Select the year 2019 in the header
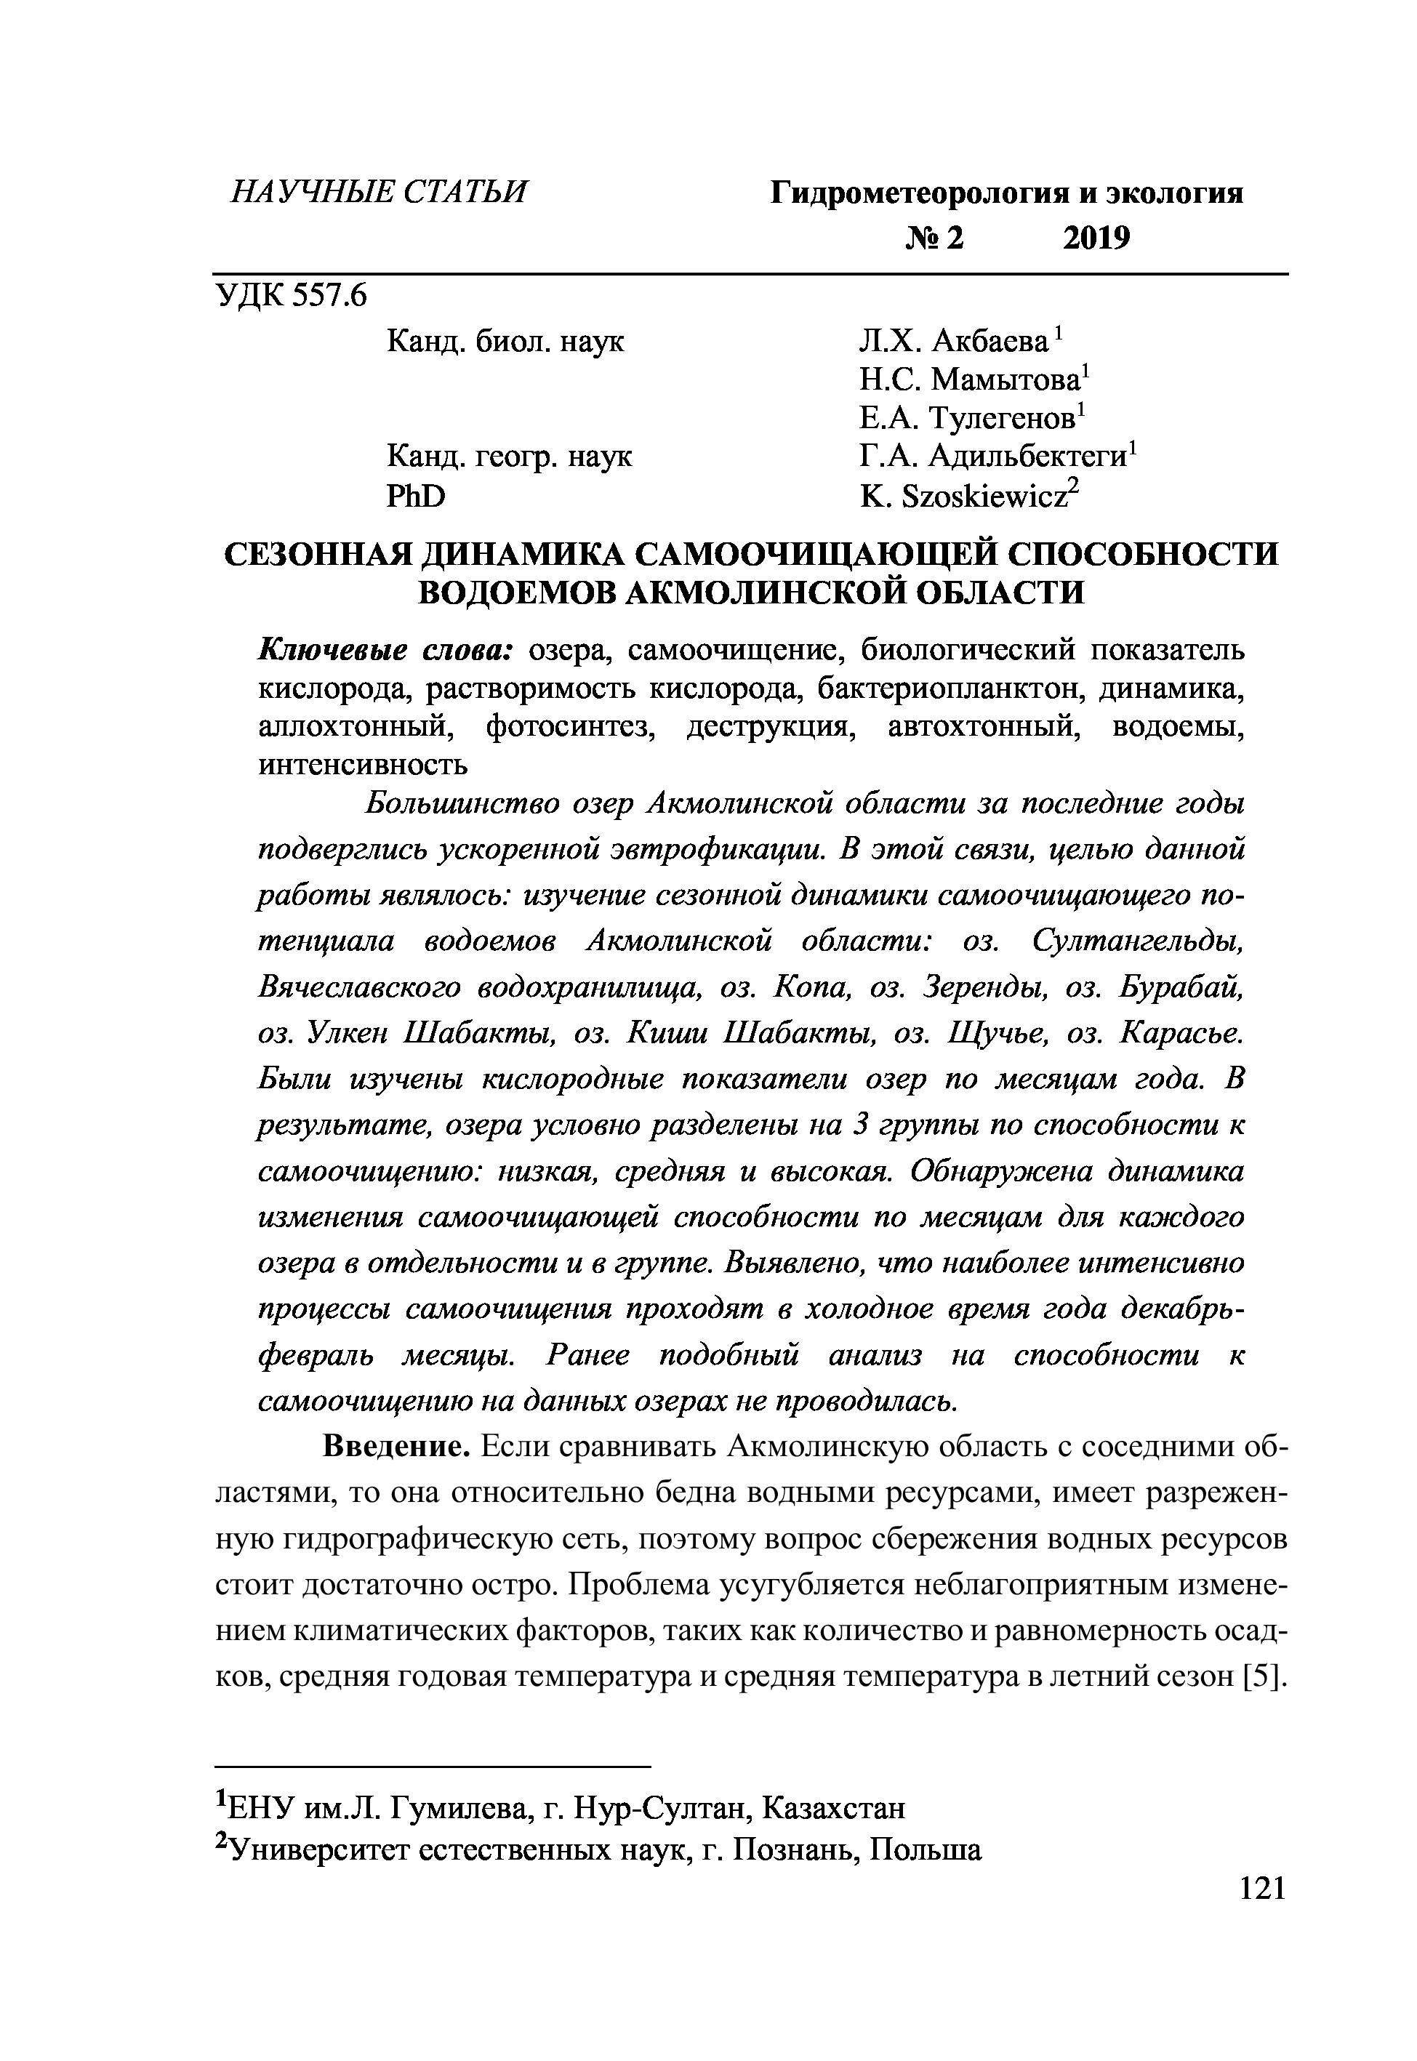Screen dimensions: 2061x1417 point(1096,238)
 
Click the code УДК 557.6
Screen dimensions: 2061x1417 point(290,296)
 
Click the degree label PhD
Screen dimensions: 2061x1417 point(416,497)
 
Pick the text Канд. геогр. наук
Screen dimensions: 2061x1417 point(510,458)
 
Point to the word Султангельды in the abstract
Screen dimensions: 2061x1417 point(1137,941)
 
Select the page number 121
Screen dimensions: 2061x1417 point(1261,1889)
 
